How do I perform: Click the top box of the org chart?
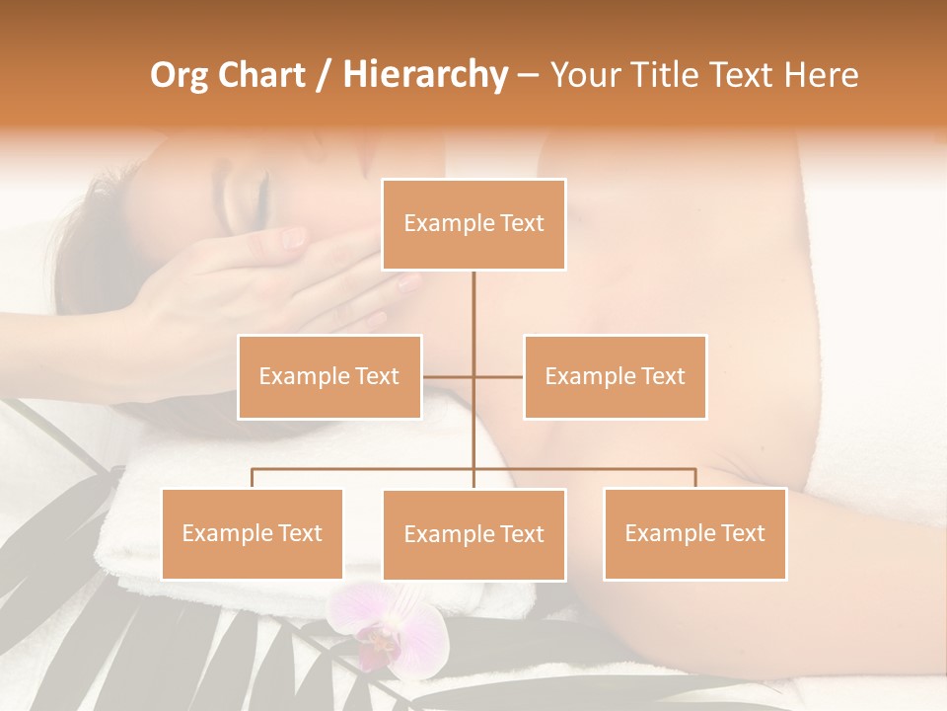coord(473,224)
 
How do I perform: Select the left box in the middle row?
coord(329,376)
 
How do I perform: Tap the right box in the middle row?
coord(615,376)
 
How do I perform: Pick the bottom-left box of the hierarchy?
coord(252,533)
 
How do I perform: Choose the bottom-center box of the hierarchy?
coord(473,534)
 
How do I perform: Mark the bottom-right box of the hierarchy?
coord(694,533)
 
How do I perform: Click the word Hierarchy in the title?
coord(425,75)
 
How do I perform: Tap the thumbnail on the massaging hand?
coord(293,237)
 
